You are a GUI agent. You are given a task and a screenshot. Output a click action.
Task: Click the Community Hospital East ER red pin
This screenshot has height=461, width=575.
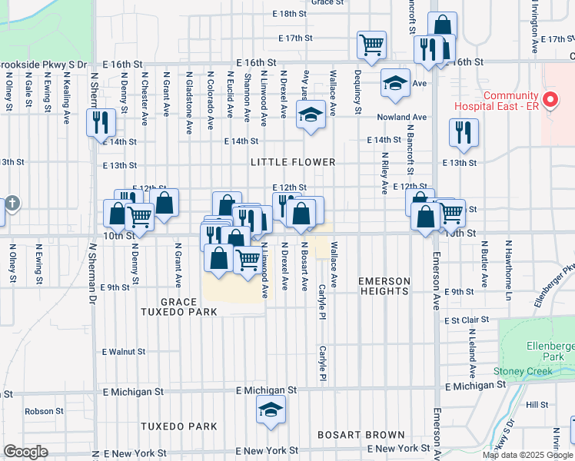coord(550,99)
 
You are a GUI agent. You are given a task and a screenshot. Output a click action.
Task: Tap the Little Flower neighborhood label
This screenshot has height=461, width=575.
coord(293,162)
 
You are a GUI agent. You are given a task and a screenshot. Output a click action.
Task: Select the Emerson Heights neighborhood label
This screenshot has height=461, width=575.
coord(384,286)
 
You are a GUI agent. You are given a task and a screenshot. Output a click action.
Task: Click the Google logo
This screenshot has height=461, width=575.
coord(26,452)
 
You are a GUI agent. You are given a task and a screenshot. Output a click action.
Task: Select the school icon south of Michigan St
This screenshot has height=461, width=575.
coord(271,411)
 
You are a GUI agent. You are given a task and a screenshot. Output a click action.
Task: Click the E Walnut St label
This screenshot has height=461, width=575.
coord(124,351)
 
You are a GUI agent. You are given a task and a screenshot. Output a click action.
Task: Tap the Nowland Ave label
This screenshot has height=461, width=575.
coord(401,117)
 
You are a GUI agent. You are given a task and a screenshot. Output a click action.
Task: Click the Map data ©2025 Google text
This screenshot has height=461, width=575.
coord(527,455)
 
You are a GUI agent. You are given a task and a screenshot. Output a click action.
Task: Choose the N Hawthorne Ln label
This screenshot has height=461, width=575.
coord(507,262)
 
